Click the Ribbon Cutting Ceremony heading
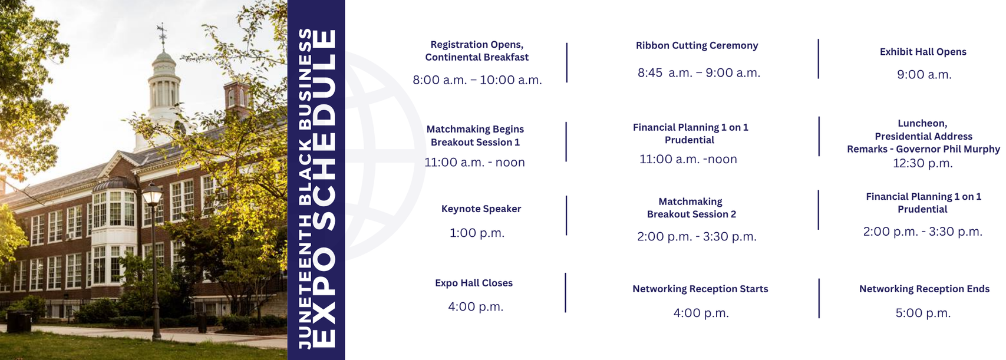tap(697, 46)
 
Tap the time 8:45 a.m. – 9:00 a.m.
tap(699, 72)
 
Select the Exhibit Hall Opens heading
tap(923, 52)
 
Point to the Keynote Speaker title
tap(481, 209)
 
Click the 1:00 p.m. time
tap(477, 233)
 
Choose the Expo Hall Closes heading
tap(474, 283)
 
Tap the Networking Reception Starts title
tap(700, 289)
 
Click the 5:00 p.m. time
tap(923, 313)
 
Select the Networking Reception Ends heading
tap(924, 289)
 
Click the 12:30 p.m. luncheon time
tap(922, 163)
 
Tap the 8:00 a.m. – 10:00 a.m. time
tap(477, 80)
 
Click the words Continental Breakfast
tap(477, 58)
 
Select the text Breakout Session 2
tap(692, 214)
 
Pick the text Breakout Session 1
tap(475, 143)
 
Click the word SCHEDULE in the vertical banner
tap(324, 130)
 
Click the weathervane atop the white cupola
tap(162, 36)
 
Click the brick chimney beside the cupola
tap(237, 97)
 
